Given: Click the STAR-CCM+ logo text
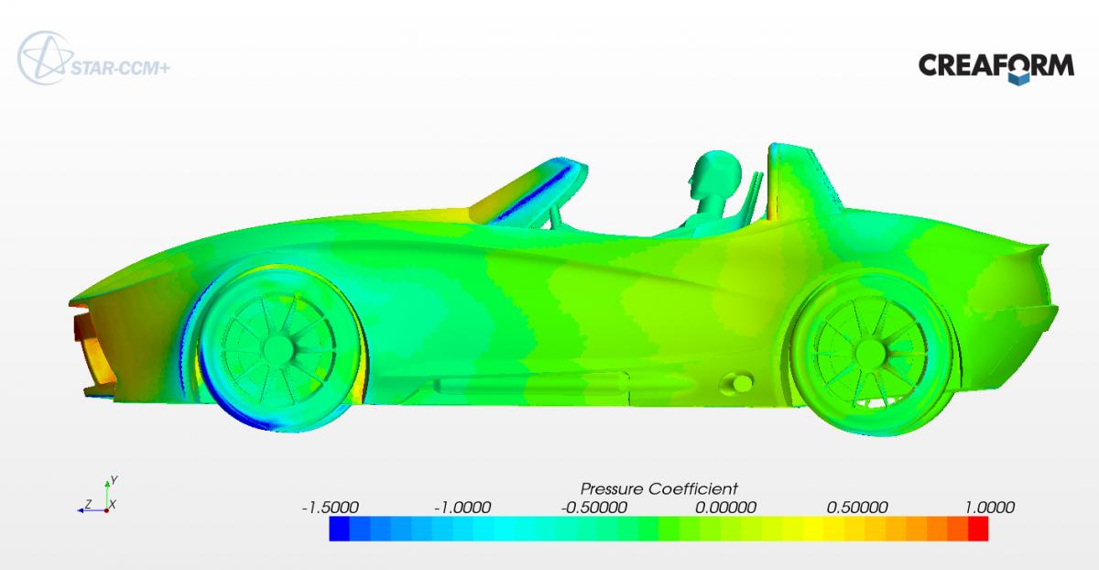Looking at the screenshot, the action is coord(120,68).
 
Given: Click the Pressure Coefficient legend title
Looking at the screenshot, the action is coord(658,489).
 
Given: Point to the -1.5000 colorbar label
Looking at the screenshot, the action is coord(331,507).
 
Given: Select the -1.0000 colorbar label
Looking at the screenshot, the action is coord(462,507).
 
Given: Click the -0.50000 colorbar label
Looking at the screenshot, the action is coord(593,507).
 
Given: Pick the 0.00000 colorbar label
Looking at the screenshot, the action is coord(725,507).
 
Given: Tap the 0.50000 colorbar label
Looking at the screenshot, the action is coord(857,507).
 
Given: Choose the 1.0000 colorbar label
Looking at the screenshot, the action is coord(990,507).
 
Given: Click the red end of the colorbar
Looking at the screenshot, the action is coord(978,529).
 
